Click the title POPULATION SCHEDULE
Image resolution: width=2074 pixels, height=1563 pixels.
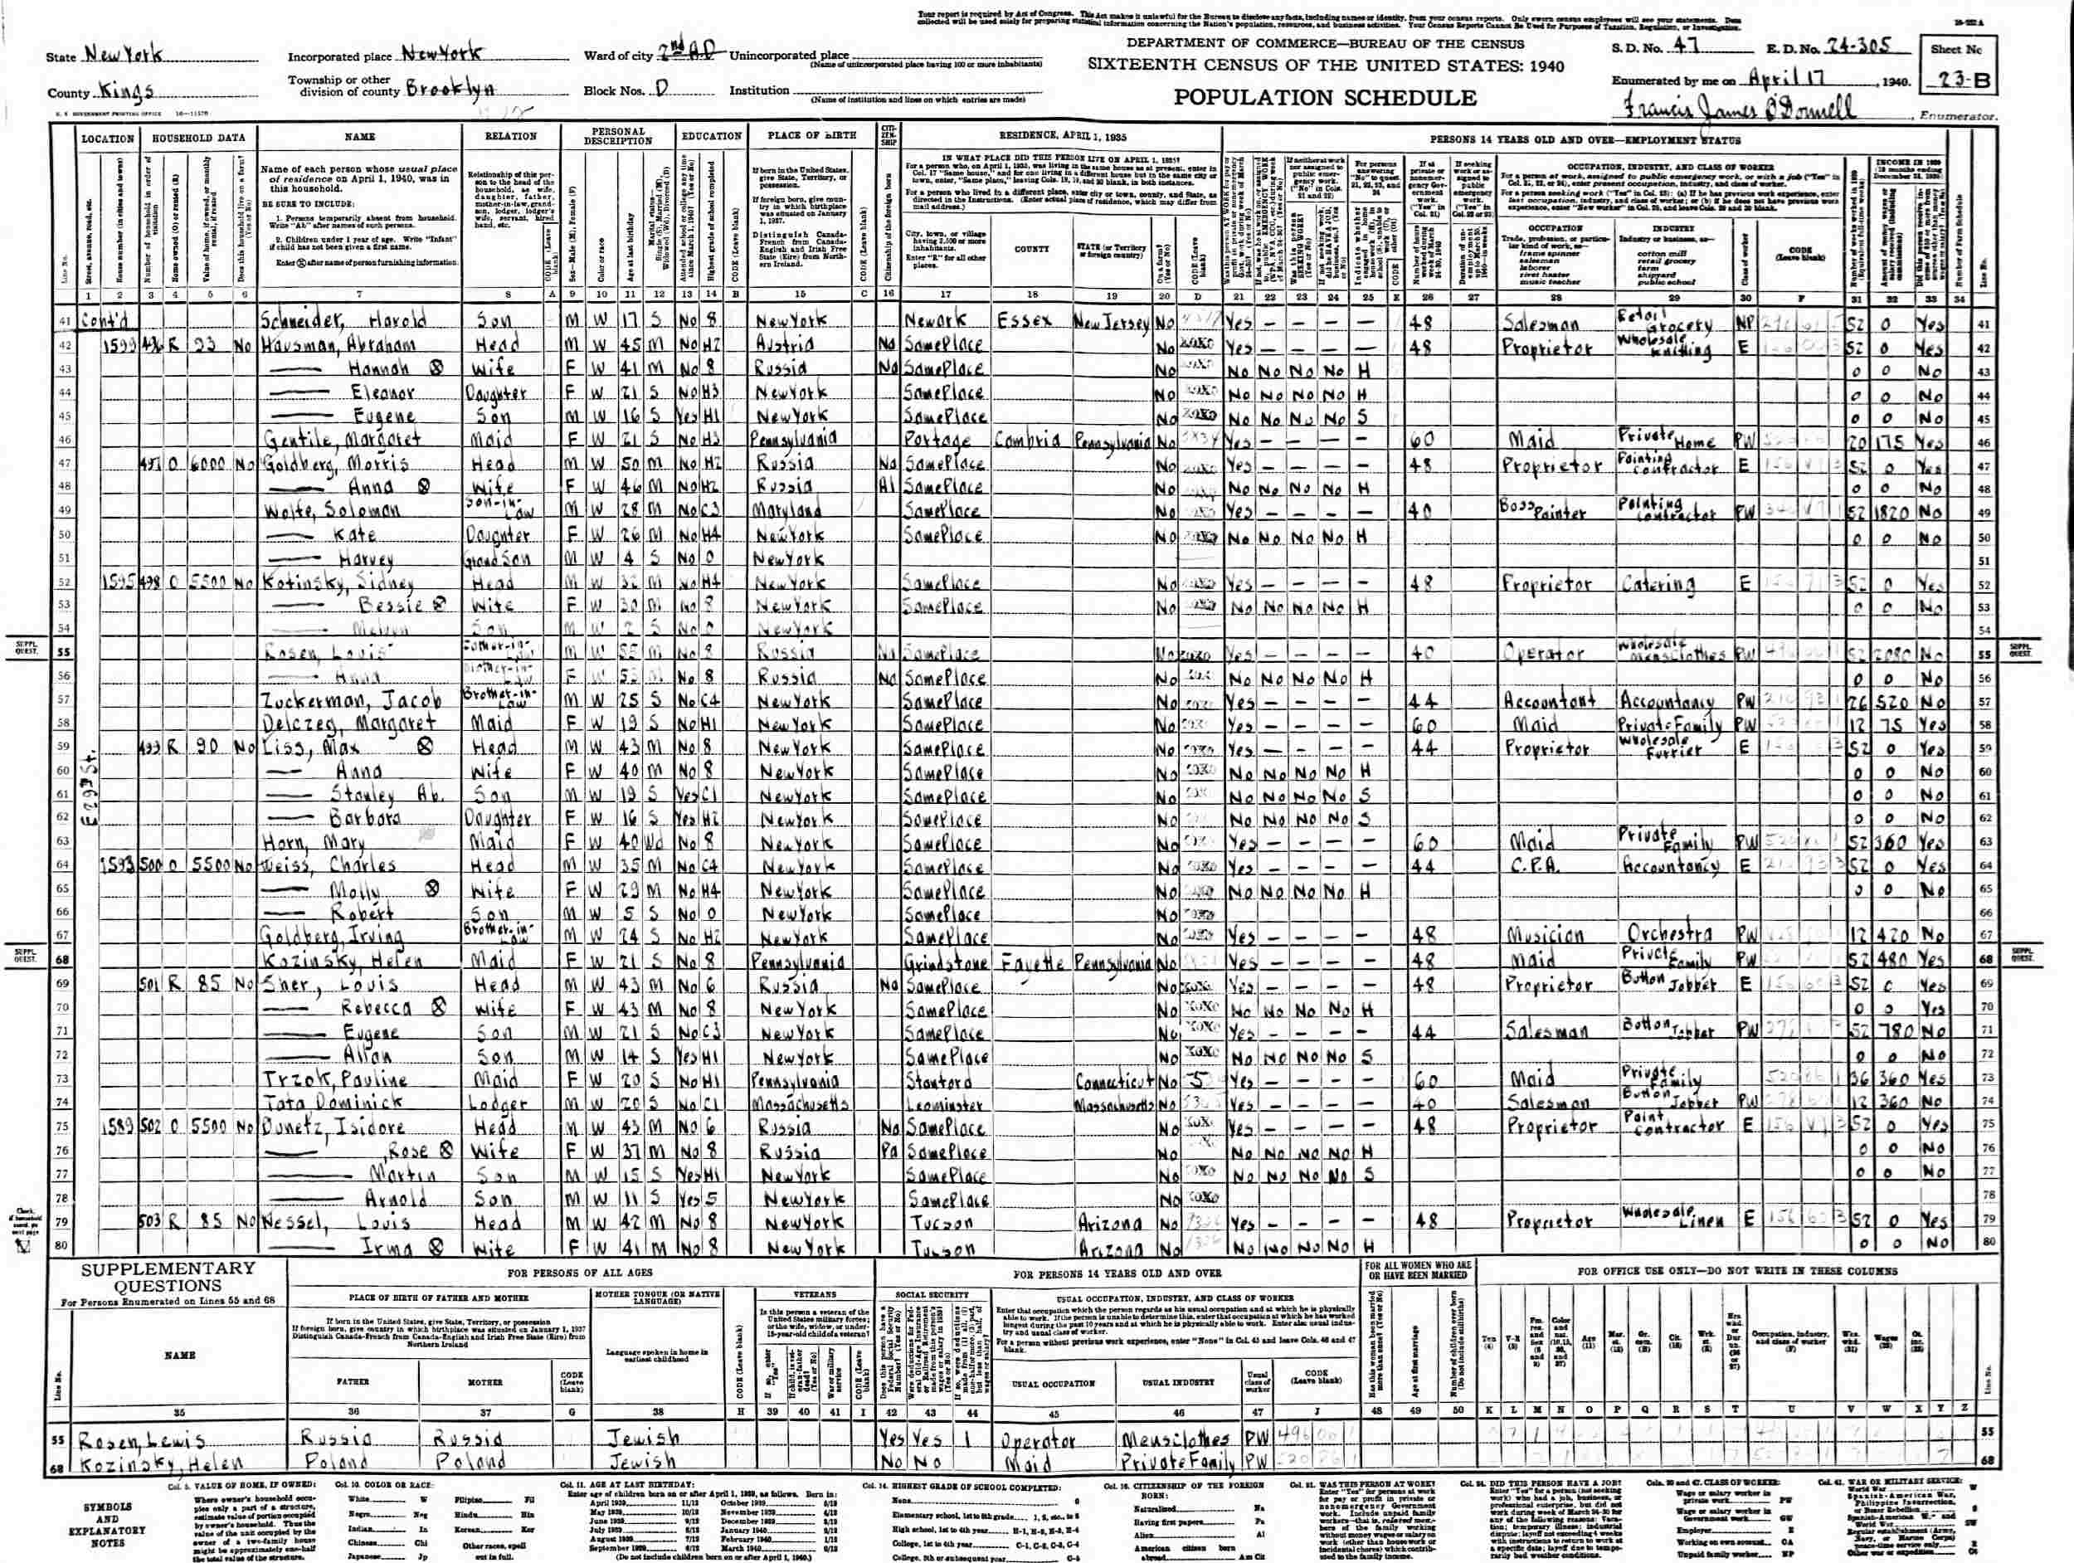click(x=1325, y=99)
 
